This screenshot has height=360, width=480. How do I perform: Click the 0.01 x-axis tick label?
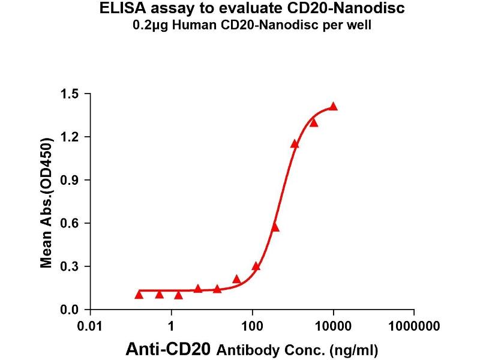(91, 327)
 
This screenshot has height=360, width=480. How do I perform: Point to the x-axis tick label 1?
(172, 327)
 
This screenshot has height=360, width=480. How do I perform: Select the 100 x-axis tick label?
(253, 327)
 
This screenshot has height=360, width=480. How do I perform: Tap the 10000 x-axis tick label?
(333, 327)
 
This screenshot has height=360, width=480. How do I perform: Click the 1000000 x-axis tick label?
(414, 327)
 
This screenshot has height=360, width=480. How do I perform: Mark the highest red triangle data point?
(334, 107)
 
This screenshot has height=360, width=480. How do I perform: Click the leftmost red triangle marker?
(139, 295)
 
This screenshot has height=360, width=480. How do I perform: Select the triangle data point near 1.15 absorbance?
(295, 144)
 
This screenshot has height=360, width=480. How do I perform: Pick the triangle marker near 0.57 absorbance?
(275, 227)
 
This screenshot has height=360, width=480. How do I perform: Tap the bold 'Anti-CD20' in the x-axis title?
(170, 349)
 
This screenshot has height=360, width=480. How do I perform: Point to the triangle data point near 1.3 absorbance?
(314, 123)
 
